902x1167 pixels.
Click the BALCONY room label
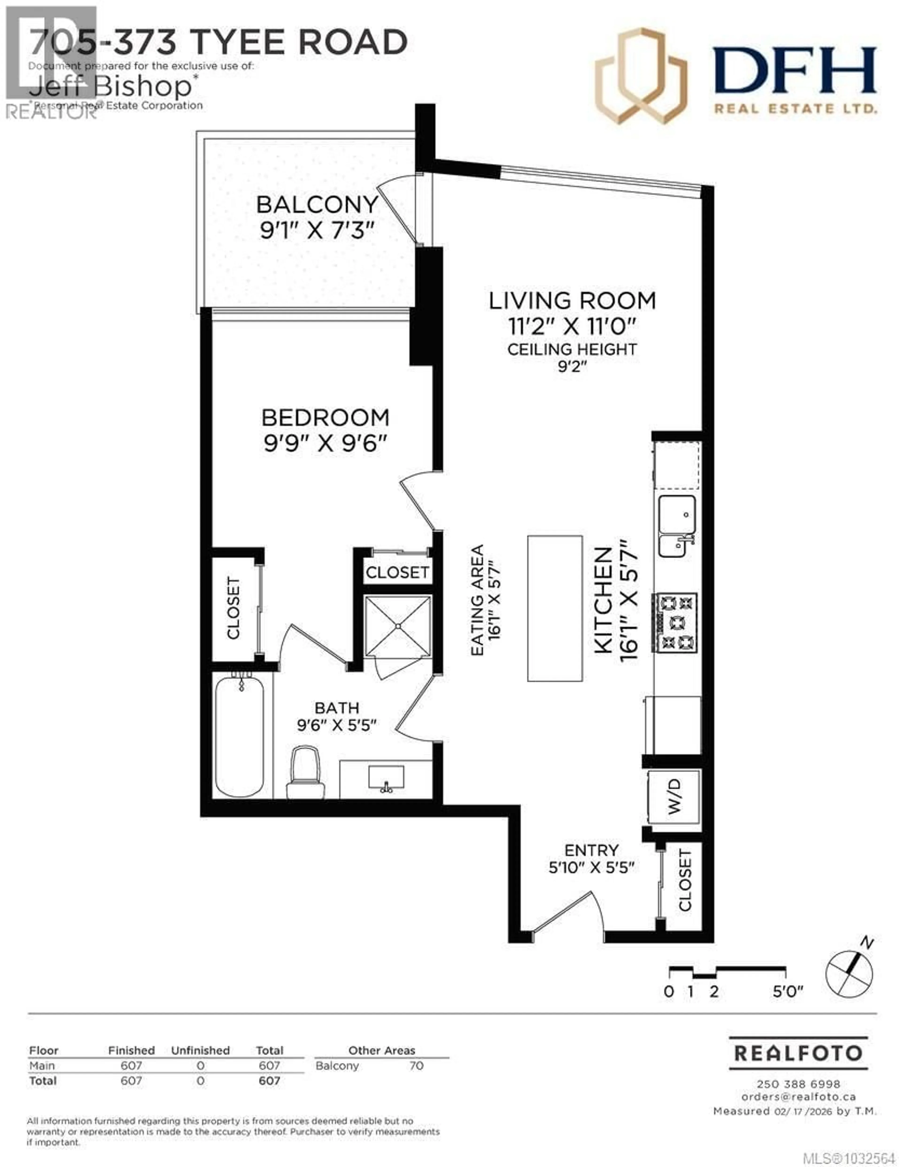317,205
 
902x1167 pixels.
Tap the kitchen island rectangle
555,608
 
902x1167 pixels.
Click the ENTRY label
591,850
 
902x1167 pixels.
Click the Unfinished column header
200,1050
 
